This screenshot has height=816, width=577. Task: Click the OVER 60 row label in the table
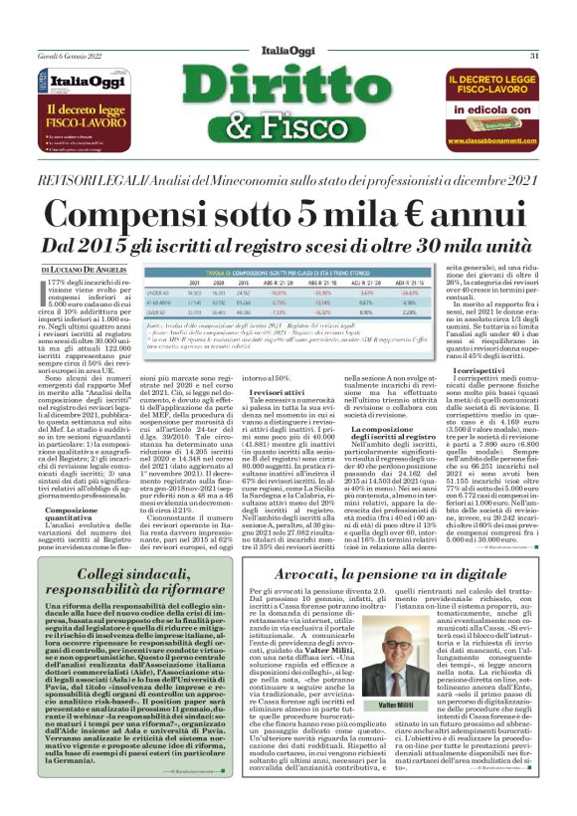[158, 311]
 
